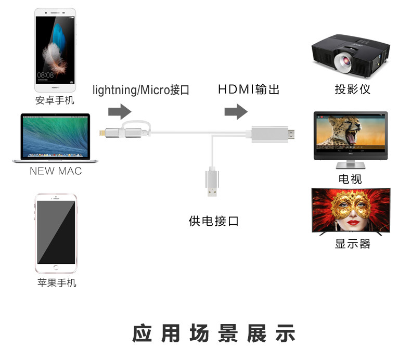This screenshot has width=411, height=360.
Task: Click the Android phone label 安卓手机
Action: (55, 100)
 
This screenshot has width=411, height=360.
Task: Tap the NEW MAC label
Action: (55, 171)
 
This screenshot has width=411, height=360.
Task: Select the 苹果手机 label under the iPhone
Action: (57, 283)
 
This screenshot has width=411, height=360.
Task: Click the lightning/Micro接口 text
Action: (141, 90)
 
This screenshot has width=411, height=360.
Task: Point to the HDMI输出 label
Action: (249, 89)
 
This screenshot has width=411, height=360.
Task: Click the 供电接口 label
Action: (213, 221)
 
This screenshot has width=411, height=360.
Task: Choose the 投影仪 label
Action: (352, 89)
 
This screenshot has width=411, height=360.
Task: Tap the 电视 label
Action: (350, 179)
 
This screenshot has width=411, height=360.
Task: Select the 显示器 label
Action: (352, 243)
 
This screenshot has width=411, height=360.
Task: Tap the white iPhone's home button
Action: (56, 267)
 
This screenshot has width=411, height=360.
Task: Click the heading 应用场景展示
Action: (213, 333)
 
